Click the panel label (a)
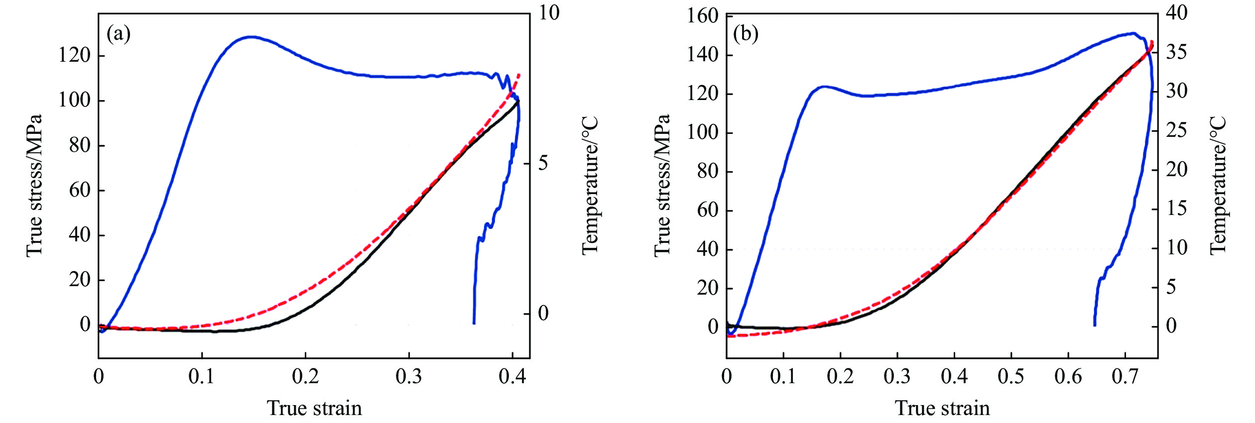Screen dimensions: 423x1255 click(119, 34)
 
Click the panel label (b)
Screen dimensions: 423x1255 click(746, 34)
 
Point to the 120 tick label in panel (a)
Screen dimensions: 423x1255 click(74, 55)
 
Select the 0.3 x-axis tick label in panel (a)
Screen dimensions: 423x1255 click(408, 377)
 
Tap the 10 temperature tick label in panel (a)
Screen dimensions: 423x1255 click(549, 13)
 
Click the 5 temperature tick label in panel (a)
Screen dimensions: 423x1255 click(543, 163)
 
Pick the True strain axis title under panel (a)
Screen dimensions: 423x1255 click(314, 408)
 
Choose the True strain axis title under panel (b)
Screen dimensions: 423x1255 click(942, 408)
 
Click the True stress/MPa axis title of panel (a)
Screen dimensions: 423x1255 click(34, 186)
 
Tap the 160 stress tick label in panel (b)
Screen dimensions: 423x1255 click(703, 16)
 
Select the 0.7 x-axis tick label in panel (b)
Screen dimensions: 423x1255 click(1125, 377)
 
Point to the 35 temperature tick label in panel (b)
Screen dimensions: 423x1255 click(1176, 52)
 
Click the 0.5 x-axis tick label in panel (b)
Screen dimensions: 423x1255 click(1011, 377)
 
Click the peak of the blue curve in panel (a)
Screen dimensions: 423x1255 click(251, 37)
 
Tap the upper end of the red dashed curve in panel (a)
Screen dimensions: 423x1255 click(519, 74)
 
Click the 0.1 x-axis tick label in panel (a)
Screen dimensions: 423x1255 click(202, 377)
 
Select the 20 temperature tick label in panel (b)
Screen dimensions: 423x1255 click(1176, 169)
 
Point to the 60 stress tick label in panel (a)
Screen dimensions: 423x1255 click(80, 190)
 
